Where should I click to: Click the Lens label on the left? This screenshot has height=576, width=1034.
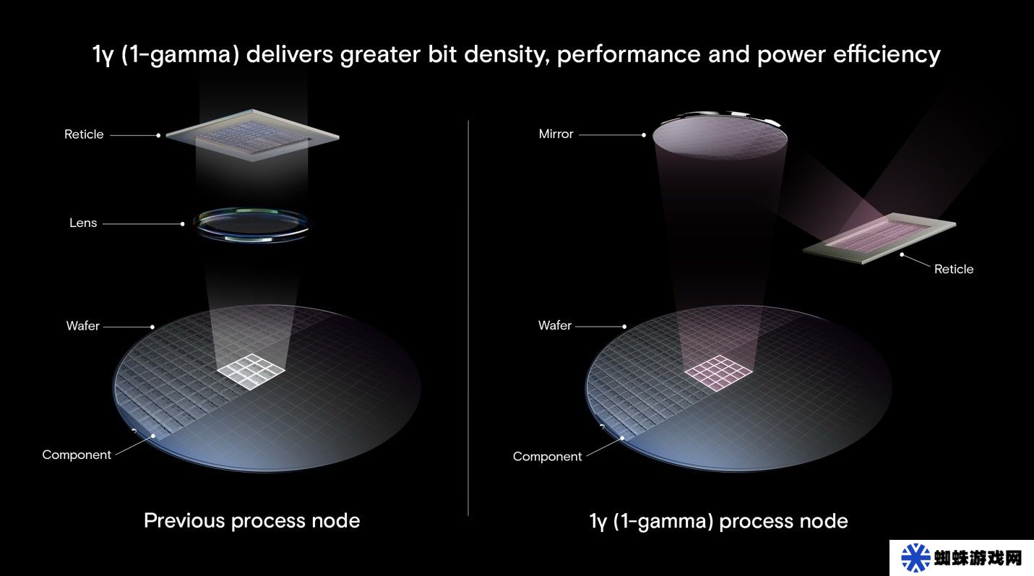tap(83, 223)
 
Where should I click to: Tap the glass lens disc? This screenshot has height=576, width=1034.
tap(251, 224)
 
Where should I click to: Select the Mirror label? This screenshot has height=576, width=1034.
tap(556, 134)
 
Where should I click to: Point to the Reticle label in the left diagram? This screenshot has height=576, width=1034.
tap(84, 134)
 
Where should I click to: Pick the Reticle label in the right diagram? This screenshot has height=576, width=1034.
tap(954, 269)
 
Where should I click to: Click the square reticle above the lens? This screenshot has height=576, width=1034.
tap(252, 135)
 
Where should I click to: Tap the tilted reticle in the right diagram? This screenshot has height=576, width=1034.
tap(879, 238)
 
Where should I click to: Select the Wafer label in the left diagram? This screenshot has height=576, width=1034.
tap(82, 326)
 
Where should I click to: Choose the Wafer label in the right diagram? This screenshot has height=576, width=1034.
tap(555, 325)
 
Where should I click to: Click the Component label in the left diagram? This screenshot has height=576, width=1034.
tap(77, 455)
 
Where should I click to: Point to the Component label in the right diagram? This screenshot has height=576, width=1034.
tap(548, 457)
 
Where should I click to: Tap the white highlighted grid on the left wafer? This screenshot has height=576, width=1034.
tap(251, 371)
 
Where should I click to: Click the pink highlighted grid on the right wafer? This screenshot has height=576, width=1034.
tap(719, 373)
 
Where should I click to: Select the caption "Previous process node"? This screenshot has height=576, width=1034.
tap(252, 520)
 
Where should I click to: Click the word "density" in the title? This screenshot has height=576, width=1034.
tap(507, 54)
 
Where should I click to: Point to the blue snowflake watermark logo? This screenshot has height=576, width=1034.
tap(915, 557)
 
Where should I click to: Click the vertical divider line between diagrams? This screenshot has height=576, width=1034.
tap(468, 318)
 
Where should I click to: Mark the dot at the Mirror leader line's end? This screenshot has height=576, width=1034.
tap(644, 135)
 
